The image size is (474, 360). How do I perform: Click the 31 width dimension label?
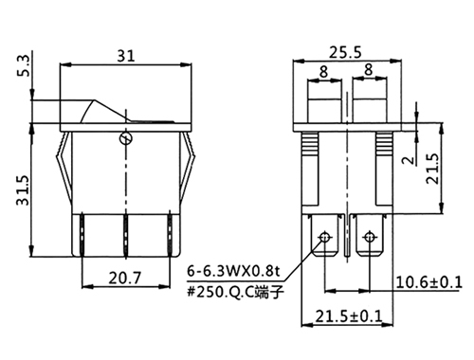(126, 56)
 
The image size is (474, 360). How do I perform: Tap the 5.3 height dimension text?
(24, 65)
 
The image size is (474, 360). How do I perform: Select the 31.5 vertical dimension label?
(23, 190)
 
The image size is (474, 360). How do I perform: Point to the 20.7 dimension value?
(125, 279)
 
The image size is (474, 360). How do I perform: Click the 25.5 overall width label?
(345, 52)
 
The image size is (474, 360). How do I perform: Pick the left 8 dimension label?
(323, 72)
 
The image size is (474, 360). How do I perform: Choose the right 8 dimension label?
(369, 70)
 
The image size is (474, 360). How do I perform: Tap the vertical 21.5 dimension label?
(432, 169)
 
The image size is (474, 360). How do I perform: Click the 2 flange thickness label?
(409, 160)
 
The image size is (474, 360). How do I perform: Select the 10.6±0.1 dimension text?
(428, 282)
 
